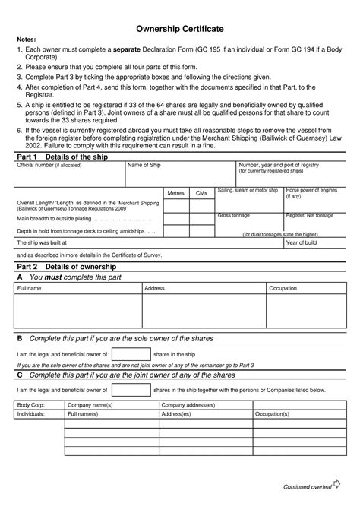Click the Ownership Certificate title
click(x=180, y=28)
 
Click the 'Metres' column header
click(x=175, y=194)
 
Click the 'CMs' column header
click(x=201, y=194)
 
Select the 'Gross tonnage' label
click(x=233, y=216)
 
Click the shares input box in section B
click(x=131, y=354)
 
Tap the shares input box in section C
click(x=131, y=389)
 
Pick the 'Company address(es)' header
click(x=188, y=406)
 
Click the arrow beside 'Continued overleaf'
click(x=337, y=484)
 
